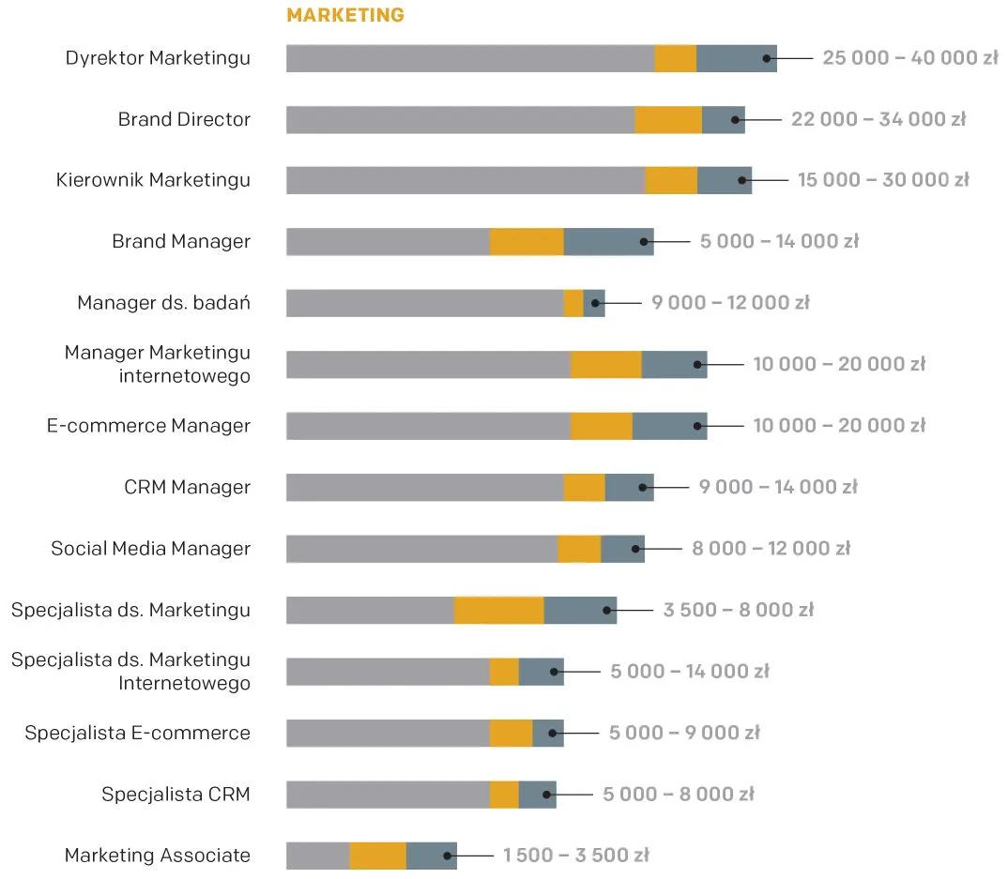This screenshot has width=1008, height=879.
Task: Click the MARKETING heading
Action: point(345,15)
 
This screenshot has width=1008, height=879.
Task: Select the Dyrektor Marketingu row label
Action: point(158,58)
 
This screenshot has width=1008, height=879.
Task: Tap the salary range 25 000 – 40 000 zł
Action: point(909,58)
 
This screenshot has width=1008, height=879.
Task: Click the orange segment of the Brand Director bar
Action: point(667,120)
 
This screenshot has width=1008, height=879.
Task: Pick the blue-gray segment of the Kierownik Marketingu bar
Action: point(724,181)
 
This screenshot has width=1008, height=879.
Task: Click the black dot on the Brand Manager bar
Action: point(644,242)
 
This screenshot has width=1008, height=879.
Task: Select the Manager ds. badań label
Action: point(163,303)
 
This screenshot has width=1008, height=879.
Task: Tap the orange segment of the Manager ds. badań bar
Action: point(573,303)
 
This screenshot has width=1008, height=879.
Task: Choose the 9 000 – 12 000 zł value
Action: point(730,303)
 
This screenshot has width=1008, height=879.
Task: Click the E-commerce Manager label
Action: point(148,426)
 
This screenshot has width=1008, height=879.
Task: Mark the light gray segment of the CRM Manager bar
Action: point(424,488)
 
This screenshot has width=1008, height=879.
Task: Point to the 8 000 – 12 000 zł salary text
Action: point(771,549)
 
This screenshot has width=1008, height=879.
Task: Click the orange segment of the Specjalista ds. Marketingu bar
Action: point(498,611)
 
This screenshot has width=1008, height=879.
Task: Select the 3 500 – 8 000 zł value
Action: point(738,611)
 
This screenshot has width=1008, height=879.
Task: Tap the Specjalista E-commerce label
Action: point(137,734)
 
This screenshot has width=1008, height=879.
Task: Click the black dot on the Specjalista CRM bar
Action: point(546,795)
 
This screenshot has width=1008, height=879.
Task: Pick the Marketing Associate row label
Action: point(157,856)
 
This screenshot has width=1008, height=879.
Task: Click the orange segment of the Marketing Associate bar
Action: point(377,856)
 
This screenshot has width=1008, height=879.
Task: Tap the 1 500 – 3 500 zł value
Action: point(575,856)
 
